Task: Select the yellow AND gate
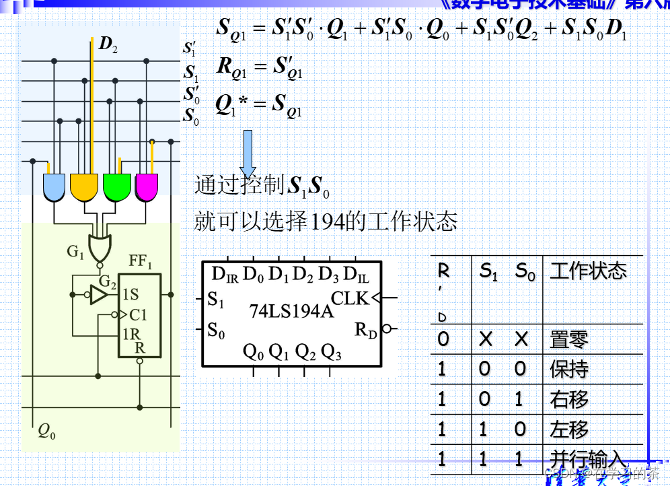tap(84, 186)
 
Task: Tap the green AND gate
tap(116, 186)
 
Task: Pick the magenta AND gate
tap(147, 186)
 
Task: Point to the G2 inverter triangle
tap(99, 294)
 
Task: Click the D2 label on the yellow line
tap(108, 45)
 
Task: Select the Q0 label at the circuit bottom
tap(46, 431)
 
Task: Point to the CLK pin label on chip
tap(350, 298)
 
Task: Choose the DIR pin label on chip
tap(225, 275)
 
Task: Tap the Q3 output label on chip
tap(331, 351)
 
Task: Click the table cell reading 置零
tap(568, 340)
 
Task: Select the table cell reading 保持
tap(568, 369)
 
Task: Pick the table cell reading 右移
tap(568, 399)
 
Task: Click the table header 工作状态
tap(588, 271)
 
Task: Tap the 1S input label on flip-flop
tap(131, 294)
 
